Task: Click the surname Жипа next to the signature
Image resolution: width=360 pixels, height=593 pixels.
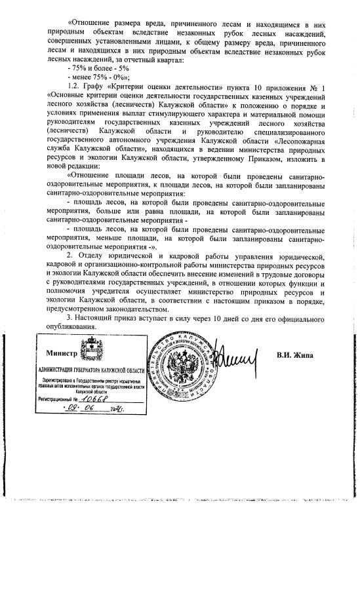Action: (304, 355)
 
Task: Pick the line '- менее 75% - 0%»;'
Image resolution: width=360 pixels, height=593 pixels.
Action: (99, 77)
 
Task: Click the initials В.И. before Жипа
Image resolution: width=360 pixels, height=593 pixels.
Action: (285, 355)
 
